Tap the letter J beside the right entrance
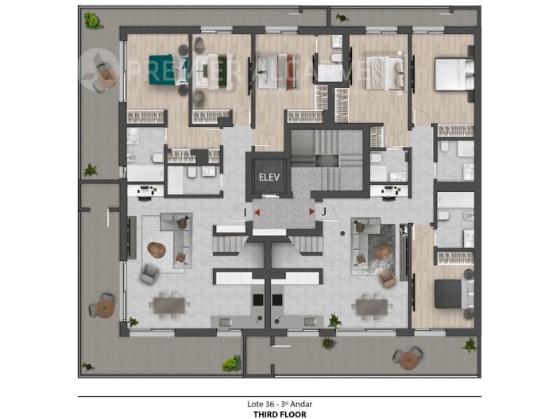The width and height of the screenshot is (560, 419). pos(324,212)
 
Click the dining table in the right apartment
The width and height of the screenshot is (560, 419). pos(371,304)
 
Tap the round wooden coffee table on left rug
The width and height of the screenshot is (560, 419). pos(156,250)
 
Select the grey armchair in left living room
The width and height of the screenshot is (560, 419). pos(149,273)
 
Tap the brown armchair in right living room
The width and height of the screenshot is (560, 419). pos(388,278)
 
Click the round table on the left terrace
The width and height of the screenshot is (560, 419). pos(103,306)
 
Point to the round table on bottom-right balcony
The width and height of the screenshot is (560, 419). pos(408,359)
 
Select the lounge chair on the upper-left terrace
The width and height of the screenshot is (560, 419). pos(103,74)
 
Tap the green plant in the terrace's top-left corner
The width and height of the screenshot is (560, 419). pos(92,20)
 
